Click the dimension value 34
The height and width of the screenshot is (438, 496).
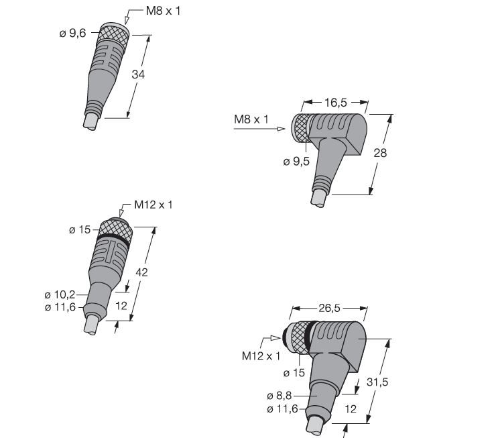(x=138, y=74)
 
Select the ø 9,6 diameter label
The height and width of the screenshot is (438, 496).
(x=72, y=33)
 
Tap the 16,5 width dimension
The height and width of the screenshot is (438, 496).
(x=336, y=103)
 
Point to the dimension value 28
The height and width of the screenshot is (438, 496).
(x=380, y=153)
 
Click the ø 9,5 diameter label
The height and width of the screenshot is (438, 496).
(x=296, y=162)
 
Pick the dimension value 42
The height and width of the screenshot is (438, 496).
(x=141, y=272)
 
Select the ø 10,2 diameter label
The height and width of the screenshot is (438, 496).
(x=60, y=294)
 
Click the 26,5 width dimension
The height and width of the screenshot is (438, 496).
(x=329, y=308)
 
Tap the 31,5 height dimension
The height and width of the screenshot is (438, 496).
(x=377, y=382)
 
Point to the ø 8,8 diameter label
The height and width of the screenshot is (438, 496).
(x=280, y=396)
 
